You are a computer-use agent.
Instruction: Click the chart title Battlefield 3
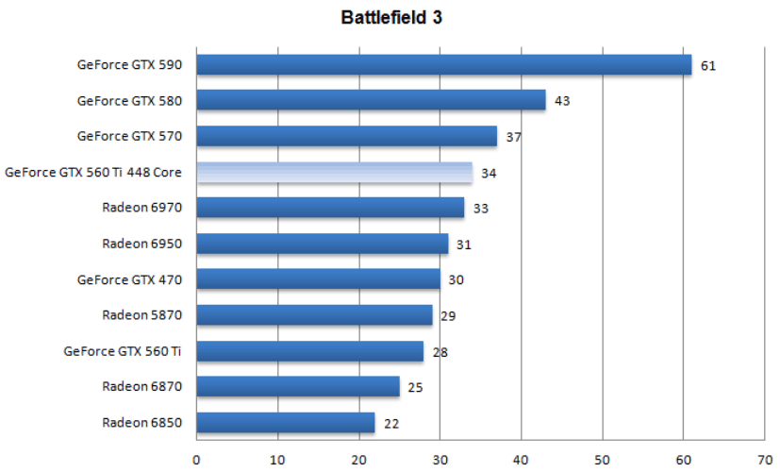390,17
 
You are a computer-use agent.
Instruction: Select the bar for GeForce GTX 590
443,65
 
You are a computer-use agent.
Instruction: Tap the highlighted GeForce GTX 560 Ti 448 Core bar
334,173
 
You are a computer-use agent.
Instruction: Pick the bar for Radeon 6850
285,423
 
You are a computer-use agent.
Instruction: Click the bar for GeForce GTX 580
371,100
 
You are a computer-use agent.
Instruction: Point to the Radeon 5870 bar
314,315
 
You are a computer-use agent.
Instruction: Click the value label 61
708,66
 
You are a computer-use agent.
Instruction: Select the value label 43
562,101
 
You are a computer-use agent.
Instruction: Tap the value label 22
391,424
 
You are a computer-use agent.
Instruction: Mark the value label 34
489,173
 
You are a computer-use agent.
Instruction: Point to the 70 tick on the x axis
764,460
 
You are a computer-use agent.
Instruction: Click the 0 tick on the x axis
196,460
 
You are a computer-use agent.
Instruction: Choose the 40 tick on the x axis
521,460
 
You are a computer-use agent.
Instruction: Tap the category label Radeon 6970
142,208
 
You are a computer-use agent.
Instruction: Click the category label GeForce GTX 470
129,279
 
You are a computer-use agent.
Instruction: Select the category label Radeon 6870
142,387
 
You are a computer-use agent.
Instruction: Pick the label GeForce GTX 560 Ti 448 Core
93,172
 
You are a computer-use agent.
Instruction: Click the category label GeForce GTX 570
129,136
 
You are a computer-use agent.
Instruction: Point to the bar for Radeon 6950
323,244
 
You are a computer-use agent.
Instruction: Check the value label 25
416,387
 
